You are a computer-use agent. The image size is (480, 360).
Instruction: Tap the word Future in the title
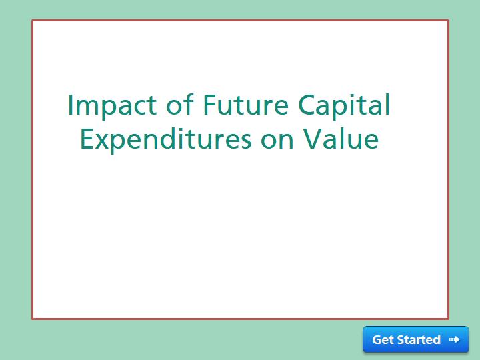[245, 105]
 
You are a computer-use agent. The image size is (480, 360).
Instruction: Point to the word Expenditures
[165, 140]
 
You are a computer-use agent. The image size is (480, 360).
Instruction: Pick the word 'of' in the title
[180, 105]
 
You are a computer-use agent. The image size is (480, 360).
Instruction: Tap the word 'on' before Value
[277, 140]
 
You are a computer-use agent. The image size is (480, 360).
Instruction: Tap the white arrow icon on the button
[454, 339]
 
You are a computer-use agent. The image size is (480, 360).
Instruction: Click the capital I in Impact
[70, 105]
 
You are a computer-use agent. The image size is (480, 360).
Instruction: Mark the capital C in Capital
[307, 105]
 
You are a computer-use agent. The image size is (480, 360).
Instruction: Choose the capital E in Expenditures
[87, 139]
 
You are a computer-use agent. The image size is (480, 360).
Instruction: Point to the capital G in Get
[377, 339]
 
